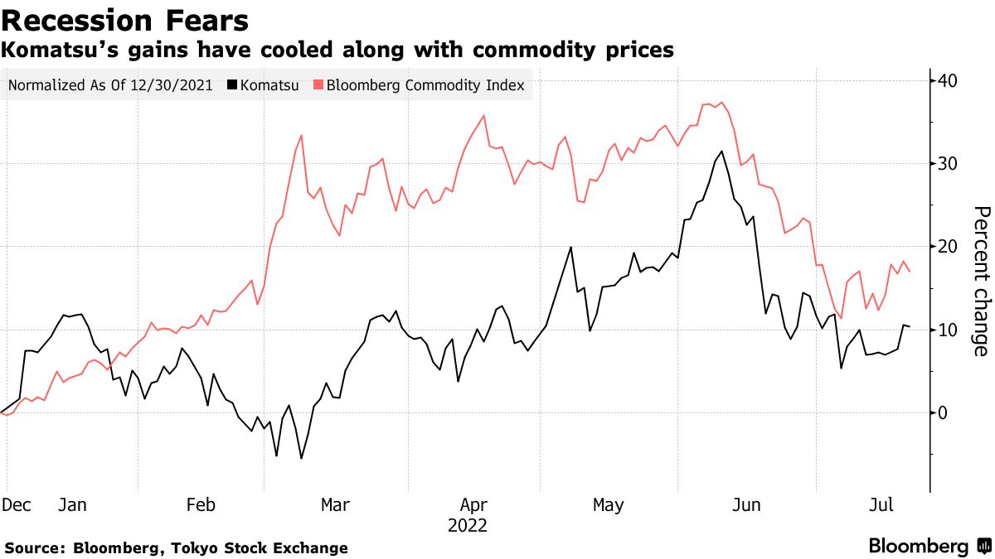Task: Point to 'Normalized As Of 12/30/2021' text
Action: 110,85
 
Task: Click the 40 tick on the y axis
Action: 948,81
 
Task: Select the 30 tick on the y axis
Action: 948,164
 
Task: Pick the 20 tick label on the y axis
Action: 948,247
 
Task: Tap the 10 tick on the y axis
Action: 948,330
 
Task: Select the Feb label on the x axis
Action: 202,505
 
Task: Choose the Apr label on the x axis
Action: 473,505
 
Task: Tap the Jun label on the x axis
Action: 748,505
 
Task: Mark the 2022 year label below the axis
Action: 468,526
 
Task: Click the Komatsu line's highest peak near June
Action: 722,151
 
